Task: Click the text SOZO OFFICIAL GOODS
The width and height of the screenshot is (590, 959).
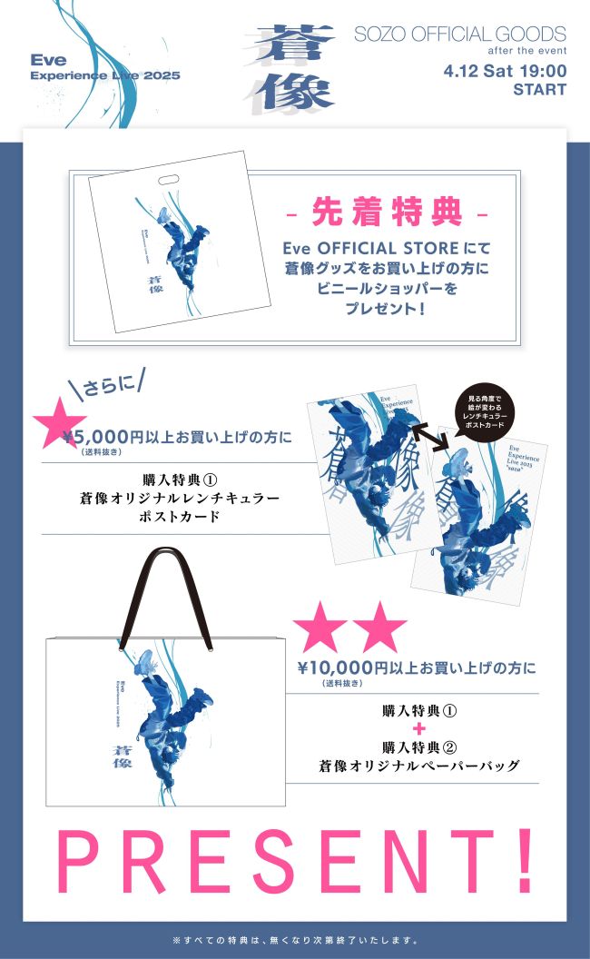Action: coord(459,35)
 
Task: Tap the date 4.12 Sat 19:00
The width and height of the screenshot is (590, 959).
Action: coord(505,71)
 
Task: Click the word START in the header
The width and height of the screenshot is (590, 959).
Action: coord(539,90)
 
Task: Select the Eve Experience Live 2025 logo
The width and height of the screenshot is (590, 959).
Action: coord(104,68)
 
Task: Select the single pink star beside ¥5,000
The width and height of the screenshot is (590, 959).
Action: coord(57,420)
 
